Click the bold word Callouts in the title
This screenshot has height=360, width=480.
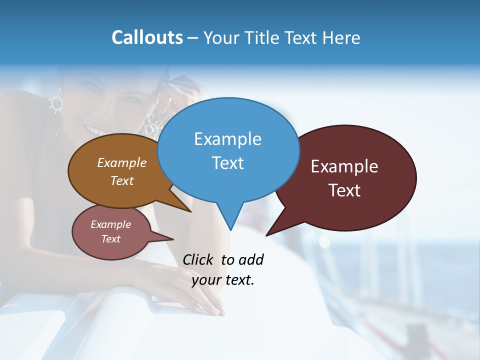[x=147, y=37]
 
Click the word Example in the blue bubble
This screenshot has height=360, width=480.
[x=227, y=139]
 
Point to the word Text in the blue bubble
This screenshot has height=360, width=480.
[x=227, y=163]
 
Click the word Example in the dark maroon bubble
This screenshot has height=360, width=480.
[x=344, y=166]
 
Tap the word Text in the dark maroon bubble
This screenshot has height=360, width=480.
[x=344, y=190]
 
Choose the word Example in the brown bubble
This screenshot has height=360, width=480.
[x=122, y=163]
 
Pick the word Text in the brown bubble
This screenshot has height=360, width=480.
[x=122, y=181]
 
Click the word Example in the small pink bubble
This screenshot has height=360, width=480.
[x=110, y=224]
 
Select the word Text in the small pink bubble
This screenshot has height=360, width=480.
[x=110, y=239]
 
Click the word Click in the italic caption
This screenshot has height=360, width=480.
[x=199, y=259]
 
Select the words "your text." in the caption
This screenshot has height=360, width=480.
[x=223, y=280]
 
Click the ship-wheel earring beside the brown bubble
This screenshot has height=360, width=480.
[x=55, y=102]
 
